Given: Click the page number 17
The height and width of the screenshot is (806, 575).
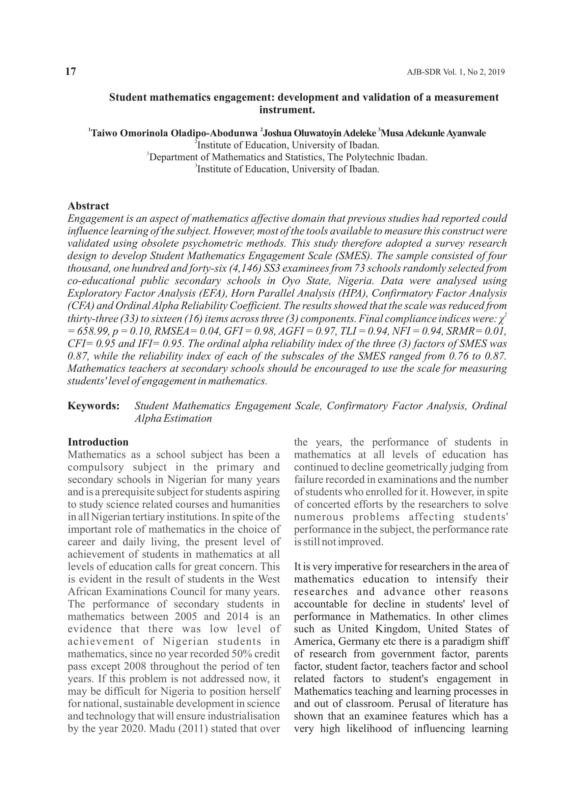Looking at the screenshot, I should click(x=71, y=72).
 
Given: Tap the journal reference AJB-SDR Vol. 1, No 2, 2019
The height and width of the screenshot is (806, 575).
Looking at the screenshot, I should click(x=456, y=72).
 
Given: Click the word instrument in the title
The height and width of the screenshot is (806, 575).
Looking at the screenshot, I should click(x=287, y=110).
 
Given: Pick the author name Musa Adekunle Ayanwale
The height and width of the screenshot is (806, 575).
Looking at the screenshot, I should click(x=433, y=134).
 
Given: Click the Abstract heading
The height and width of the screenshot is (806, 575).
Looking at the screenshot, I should click(x=88, y=206).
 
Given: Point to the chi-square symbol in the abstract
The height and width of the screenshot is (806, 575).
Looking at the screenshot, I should click(x=501, y=319).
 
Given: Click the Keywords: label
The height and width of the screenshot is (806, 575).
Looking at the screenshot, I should click(x=93, y=406).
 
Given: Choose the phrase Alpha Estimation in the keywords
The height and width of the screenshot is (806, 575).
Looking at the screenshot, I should click(x=173, y=418).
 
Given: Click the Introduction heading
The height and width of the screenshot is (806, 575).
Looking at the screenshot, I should click(x=98, y=442).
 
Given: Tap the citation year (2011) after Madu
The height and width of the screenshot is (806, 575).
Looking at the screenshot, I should click(x=194, y=728).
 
